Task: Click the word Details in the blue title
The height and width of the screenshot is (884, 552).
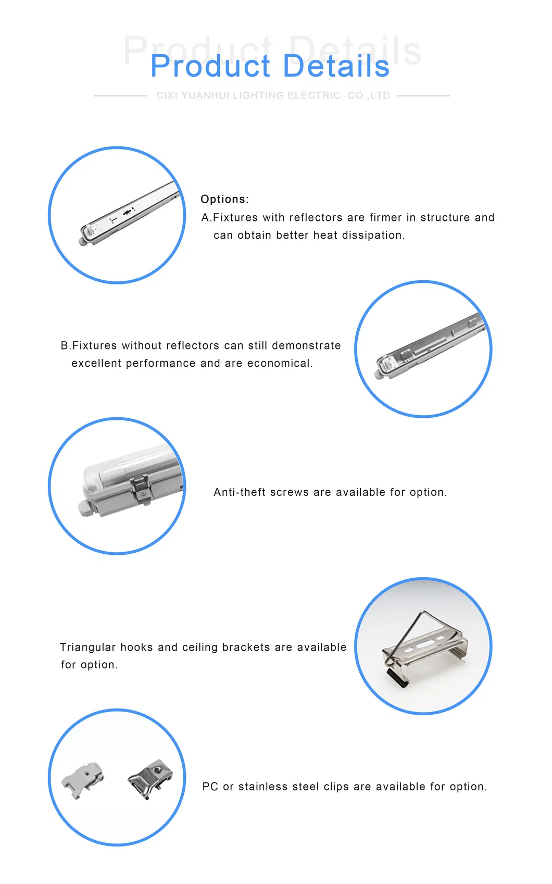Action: (336, 67)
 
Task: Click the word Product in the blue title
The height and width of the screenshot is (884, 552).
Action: (210, 67)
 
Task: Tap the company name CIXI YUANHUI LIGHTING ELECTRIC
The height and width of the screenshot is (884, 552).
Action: (248, 95)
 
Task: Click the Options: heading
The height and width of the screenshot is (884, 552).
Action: (224, 199)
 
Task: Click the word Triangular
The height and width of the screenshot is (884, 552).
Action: (87, 647)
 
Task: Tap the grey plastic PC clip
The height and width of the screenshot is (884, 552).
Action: (83, 779)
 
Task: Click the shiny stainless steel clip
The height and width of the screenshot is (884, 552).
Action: (150, 778)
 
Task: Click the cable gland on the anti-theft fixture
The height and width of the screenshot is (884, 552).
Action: (85, 508)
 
